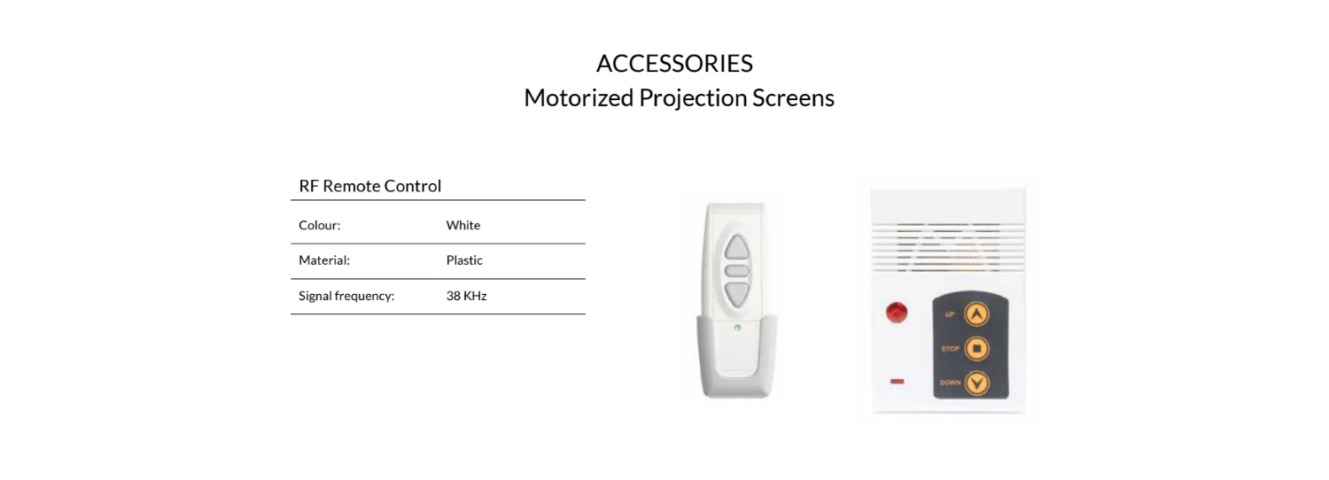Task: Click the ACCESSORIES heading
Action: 674,64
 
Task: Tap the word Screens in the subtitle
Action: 793,98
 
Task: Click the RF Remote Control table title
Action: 369,186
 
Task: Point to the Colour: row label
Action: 319,225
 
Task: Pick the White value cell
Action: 462,225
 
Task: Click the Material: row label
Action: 324,259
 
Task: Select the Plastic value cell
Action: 464,259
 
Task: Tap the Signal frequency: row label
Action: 346,296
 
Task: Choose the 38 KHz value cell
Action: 466,296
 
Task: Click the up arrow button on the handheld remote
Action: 737,248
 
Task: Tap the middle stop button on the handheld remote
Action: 737,271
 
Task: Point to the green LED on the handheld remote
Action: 737,328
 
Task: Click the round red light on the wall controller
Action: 897,312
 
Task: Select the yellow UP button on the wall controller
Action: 976,314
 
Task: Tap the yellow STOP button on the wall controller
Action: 976,348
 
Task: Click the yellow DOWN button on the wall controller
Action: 976,383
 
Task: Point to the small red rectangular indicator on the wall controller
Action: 897,382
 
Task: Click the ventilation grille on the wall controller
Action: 948,247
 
